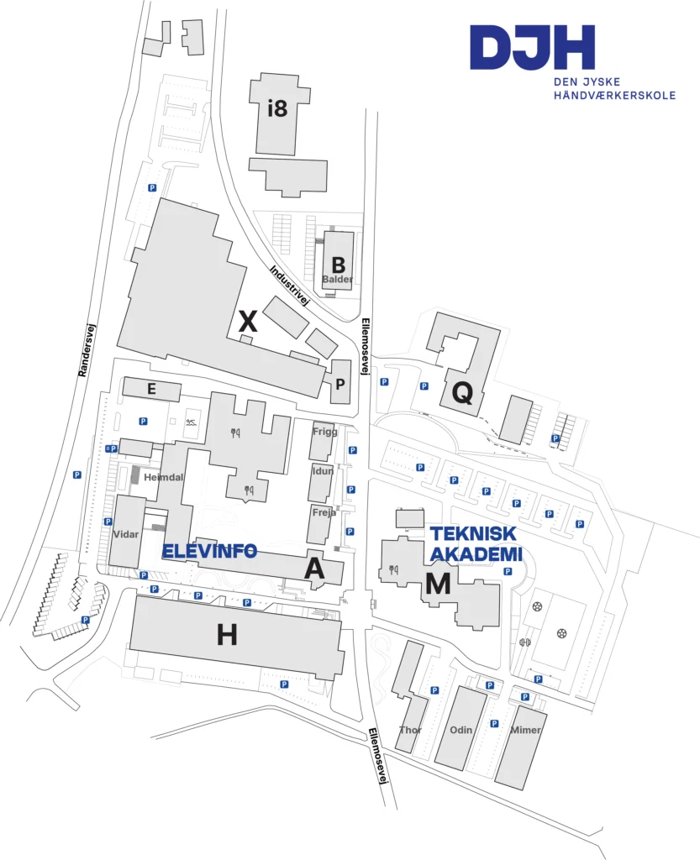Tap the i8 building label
(x=277, y=108)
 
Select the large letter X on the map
(x=247, y=320)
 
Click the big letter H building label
(x=227, y=636)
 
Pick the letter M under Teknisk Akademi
(x=438, y=583)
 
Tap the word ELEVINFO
(x=209, y=552)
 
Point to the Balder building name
(x=338, y=279)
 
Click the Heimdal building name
(x=163, y=477)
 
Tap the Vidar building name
(x=124, y=533)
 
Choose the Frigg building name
(x=324, y=432)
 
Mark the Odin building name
(x=461, y=730)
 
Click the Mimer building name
(x=526, y=730)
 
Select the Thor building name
(x=410, y=730)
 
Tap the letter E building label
(x=152, y=389)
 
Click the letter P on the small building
(x=340, y=383)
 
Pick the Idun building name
(x=323, y=471)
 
